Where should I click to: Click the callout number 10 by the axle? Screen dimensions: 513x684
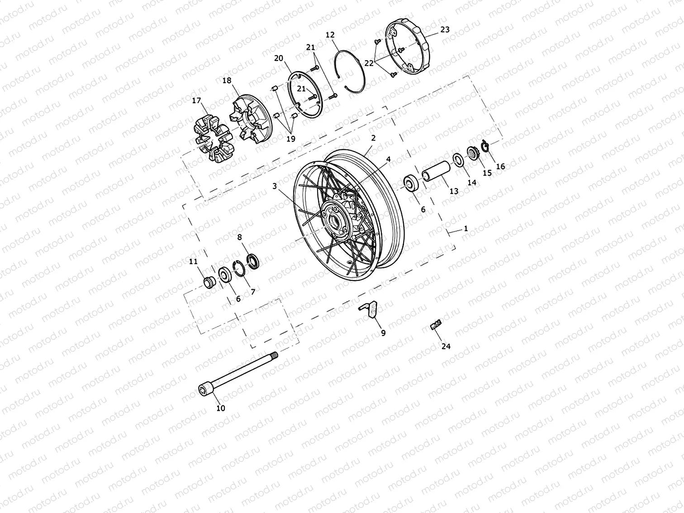pos(220,408)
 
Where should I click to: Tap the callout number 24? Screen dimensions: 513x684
pos(446,346)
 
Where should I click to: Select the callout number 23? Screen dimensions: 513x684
pos(445,30)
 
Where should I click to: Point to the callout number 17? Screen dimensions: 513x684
pos(196,101)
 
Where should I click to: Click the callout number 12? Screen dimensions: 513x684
pos(330,35)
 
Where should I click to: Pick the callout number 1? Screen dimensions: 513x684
pos(466,229)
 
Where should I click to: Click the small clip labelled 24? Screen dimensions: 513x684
pos(435,324)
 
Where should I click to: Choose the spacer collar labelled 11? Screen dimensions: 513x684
pos(209,282)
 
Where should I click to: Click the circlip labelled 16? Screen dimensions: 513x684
pos(486,147)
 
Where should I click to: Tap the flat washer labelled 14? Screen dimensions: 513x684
pos(457,160)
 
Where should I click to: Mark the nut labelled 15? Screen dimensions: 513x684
pos(472,153)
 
